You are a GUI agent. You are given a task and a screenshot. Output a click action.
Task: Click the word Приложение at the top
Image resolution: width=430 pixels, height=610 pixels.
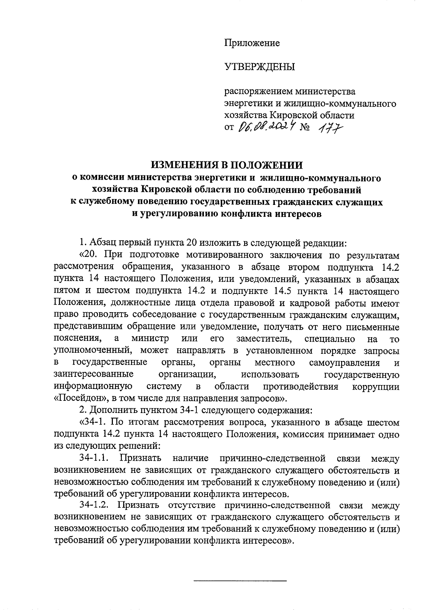(x=252, y=43)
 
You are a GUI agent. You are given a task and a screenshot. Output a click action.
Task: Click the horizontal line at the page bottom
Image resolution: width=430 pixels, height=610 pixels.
(x=240, y=581)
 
